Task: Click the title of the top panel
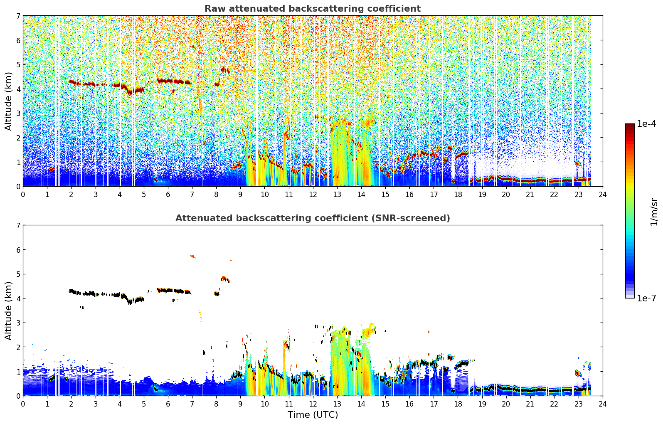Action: [313, 9]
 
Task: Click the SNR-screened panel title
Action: [313, 218]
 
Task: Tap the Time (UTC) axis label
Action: [313, 415]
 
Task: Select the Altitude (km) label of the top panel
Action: [8, 101]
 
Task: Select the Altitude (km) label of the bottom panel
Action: [8, 311]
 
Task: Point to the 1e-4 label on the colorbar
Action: [646, 124]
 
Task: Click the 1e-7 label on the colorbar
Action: [646, 298]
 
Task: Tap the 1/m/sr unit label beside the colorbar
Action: [654, 212]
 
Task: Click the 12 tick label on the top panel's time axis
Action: [313, 195]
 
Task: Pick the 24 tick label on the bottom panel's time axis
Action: [603, 404]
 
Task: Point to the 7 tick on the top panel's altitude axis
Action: [18, 16]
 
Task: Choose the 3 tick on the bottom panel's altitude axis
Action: [18, 323]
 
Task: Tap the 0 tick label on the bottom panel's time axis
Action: [23, 404]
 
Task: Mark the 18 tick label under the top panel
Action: [458, 195]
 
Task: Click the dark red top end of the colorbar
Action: [630, 125]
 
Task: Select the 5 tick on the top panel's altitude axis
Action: [18, 64]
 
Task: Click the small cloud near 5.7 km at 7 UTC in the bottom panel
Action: [193, 256]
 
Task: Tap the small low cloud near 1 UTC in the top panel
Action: [52, 169]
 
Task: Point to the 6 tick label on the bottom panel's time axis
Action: [168, 404]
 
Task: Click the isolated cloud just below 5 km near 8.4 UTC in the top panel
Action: [225, 70]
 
